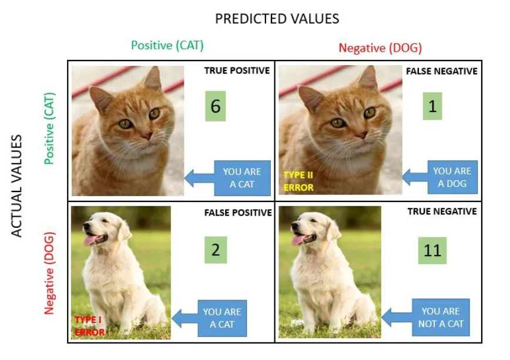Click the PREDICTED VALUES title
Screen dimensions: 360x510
(277, 19)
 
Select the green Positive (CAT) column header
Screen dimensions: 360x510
(167, 46)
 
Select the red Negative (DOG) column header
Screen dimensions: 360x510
(380, 48)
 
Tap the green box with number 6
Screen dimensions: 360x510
(216, 106)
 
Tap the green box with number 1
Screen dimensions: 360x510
(432, 106)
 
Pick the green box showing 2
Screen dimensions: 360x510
(216, 250)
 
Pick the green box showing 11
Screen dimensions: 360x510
(432, 251)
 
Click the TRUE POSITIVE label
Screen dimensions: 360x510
(237, 70)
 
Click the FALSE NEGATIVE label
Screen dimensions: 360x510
(441, 71)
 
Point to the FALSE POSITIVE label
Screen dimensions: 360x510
(238, 213)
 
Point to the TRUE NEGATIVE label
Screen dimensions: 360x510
(442, 211)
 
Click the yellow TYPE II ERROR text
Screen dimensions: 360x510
(299, 181)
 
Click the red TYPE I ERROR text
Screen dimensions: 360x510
(89, 326)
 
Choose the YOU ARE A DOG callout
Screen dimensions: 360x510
(452, 177)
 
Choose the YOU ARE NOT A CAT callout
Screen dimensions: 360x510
(441, 317)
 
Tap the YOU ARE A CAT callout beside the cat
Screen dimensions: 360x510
(241, 178)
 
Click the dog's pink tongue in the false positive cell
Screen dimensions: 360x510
(89, 240)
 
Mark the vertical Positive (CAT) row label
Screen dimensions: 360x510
(49, 127)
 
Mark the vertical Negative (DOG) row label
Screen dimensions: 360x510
(49, 272)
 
